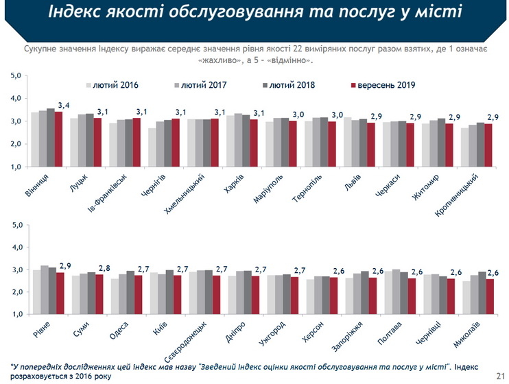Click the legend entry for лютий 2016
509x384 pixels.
115,85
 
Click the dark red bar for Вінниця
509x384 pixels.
58,139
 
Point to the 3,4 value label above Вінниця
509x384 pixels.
64,105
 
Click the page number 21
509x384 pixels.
499,375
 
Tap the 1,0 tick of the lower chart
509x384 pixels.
16,314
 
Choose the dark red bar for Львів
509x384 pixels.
371,145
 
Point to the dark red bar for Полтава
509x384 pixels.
412,296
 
